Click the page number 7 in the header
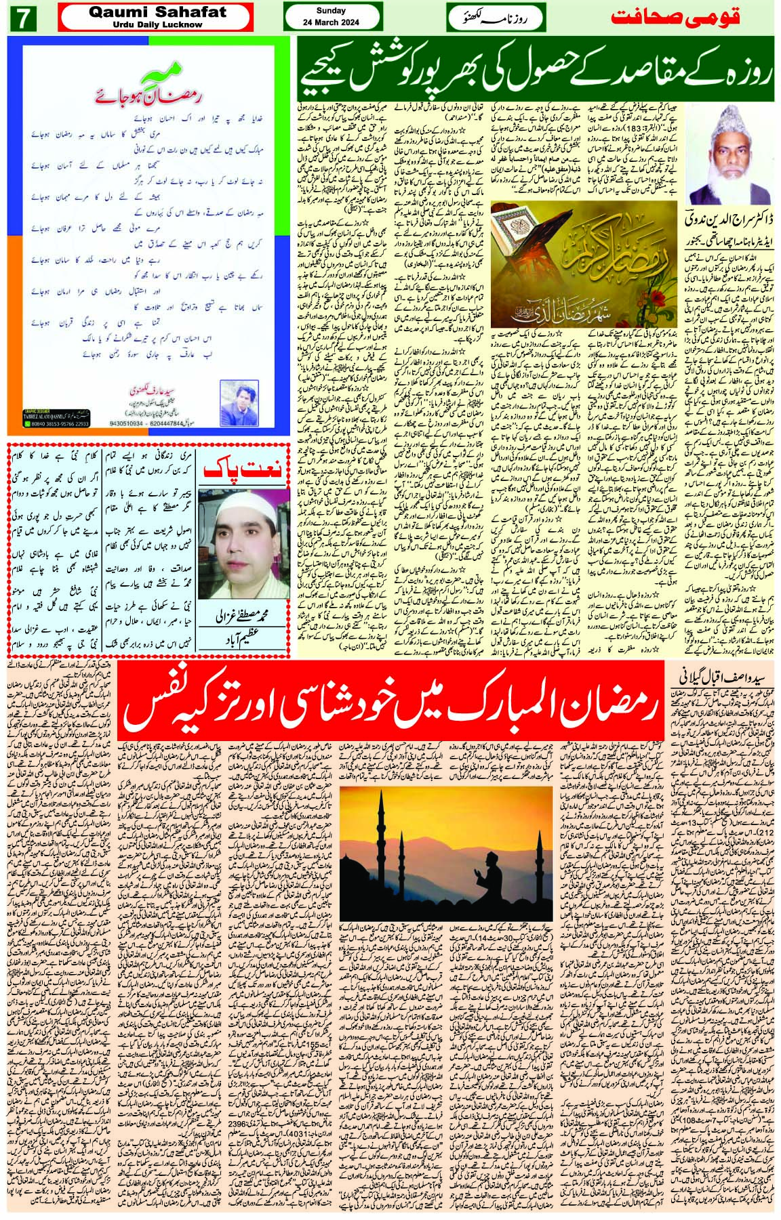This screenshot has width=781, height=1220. tap(24, 18)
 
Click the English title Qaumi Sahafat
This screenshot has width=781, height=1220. tap(155, 10)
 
